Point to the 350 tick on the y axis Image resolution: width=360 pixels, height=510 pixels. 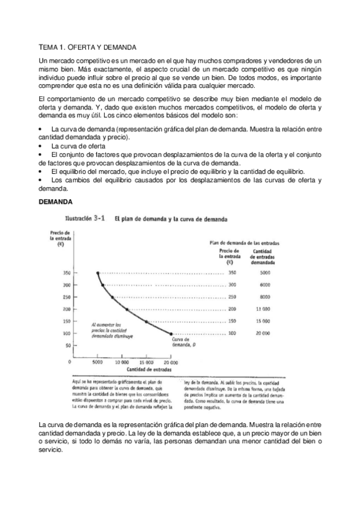[66, 273]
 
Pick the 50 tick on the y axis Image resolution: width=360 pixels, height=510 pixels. [67, 346]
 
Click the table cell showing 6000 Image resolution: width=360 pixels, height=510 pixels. [264, 285]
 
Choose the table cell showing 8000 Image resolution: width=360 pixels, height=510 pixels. [264, 297]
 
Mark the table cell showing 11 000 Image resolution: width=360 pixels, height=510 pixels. [264, 309]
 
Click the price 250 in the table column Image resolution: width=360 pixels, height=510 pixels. [233, 297]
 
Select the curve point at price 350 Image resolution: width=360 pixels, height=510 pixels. [97, 273]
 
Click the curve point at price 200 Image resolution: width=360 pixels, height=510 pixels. [127, 309]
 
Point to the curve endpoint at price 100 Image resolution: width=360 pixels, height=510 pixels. [172, 333]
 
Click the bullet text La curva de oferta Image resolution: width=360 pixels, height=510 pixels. [78, 146]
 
